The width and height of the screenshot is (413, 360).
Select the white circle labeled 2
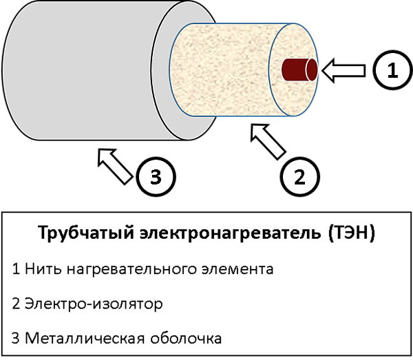pos(299,177)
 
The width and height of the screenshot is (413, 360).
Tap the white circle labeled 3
pos(156,177)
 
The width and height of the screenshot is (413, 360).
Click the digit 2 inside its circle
pos(299,177)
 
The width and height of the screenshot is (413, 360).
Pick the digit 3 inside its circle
pos(156,177)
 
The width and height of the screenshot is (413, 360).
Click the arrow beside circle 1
pos(344,70)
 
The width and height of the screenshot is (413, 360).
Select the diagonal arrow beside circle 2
pos(268,141)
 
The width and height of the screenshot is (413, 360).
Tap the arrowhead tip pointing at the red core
pos(325,70)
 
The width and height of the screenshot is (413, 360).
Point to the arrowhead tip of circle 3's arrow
pos(100,151)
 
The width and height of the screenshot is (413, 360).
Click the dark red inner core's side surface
pos(295,70)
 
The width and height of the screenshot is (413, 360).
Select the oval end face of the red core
pos(312,70)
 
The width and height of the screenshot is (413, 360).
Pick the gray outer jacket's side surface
pos(83,69)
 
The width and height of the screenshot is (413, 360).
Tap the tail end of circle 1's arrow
pos(362,70)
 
